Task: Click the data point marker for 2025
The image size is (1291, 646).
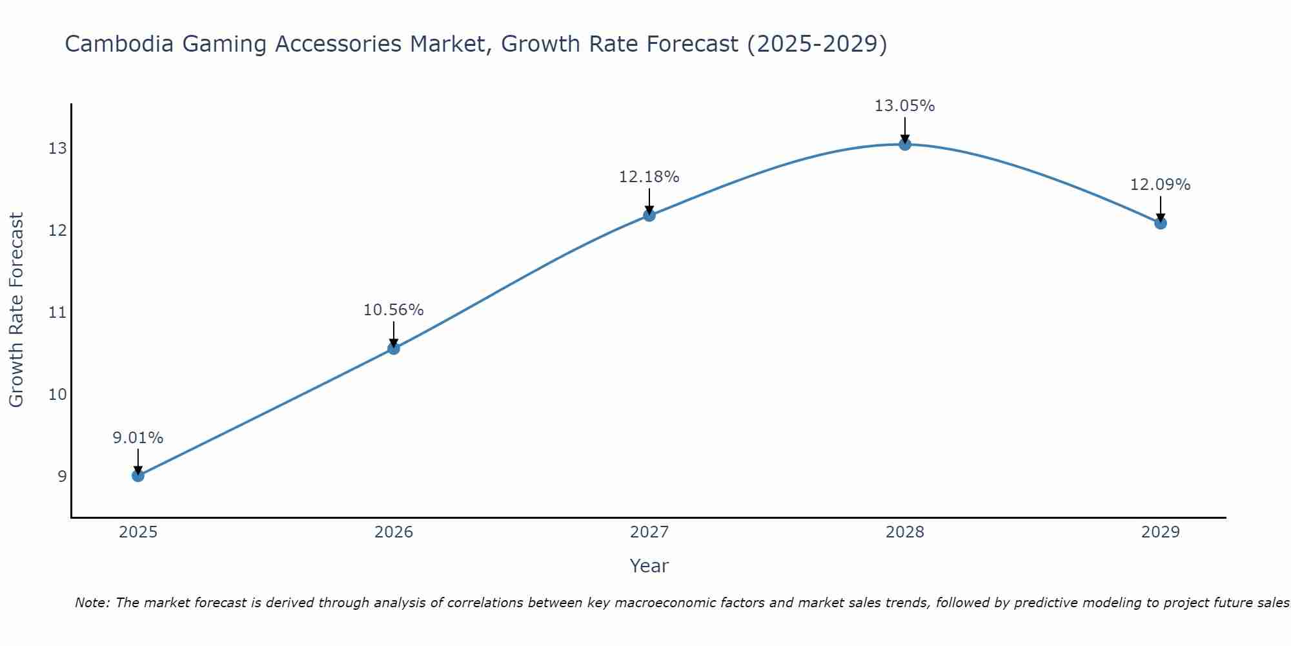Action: tap(138, 476)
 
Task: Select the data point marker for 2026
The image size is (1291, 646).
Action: tap(394, 349)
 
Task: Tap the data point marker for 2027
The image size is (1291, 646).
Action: tap(649, 215)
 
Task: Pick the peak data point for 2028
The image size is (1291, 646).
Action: tap(905, 144)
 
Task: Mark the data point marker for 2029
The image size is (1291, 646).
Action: tap(1161, 224)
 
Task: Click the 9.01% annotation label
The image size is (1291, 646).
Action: tap(138, 438)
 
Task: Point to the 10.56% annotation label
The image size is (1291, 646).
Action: tap(394, 310)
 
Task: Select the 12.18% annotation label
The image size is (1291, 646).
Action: tap(649, 177)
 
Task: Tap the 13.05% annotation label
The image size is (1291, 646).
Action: tap(905, 106)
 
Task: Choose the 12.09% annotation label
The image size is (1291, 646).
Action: tap(1161, 185)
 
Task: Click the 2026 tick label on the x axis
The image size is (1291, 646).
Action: tap(394, 532)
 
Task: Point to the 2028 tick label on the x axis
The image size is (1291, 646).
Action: tap(905, 532)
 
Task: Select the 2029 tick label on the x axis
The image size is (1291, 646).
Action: tap(1161, 532)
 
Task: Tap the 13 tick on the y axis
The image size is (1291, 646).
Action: tap(57, 149)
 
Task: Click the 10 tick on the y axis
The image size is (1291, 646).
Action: tap(57, 394)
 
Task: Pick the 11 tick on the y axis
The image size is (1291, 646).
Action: tap(57, 313)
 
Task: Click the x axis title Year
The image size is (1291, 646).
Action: tap(649, 566)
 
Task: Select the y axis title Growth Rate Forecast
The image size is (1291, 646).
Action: tap(17, 310)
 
